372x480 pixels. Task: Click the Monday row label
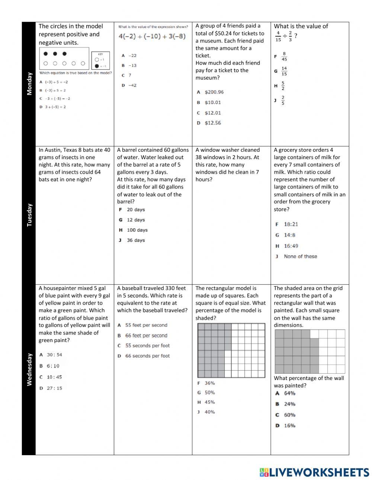(x=29, y=84)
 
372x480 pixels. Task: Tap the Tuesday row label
(x=29, y=215)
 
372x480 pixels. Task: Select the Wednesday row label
(x=29, y=369)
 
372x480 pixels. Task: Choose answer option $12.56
(x=212, y=123)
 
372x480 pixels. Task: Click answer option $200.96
(x=214, y=92)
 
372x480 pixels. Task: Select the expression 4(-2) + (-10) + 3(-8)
(x=152, y=36)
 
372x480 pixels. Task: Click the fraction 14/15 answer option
(x=284, y=71)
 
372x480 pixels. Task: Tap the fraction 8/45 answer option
(x=284, y=57)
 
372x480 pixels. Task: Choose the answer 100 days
(x=137, y=230)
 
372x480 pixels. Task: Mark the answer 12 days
(x=136, y=220)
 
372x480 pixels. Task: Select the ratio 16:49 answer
(x=291, y=246)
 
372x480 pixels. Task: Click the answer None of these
(x=300, y=257)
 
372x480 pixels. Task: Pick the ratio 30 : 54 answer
(x=54, y=355)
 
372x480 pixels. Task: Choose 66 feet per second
(x=146, y=336)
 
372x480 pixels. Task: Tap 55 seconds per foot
(x=147, y=346)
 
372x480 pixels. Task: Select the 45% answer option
(x=209, y=402)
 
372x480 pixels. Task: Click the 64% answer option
(x=289, y=393)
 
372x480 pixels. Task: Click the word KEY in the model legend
(x=100, y=54)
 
